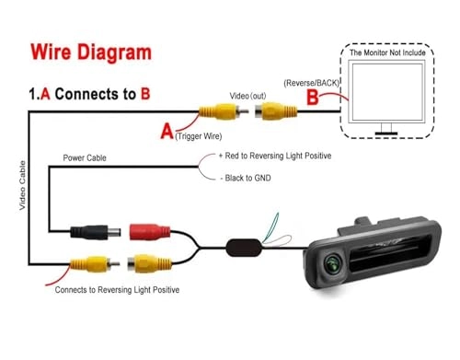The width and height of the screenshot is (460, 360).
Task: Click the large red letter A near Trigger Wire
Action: click(x=167, y=132)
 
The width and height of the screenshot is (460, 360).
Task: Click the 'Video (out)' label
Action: click(x=247, y=95)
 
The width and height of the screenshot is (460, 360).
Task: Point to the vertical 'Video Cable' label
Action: click(x=23, y=188)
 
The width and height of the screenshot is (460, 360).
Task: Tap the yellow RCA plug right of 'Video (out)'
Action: click(x=277, y=112)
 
